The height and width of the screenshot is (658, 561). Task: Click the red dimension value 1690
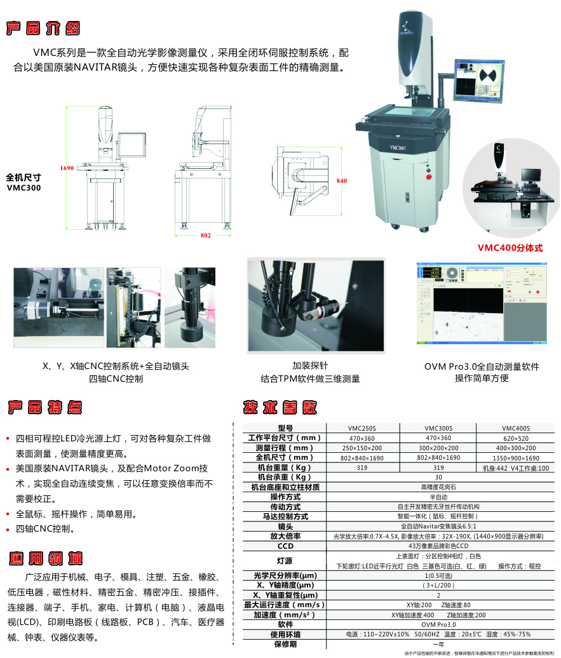point(67,168)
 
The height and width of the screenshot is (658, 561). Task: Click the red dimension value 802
point(205,236)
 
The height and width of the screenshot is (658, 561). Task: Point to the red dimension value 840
point(341,181)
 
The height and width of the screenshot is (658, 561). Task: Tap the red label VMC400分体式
point(510,248)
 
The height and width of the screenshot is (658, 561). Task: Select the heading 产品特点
point(44,407)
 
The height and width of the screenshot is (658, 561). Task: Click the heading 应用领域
point(45,558)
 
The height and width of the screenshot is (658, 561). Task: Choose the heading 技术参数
point(280,407)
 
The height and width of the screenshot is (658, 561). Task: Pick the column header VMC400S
point(515,428)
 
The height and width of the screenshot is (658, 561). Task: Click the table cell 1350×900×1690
point(515,458)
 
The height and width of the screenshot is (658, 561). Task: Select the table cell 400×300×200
point(515,448)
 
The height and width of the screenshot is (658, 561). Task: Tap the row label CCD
point(285,546)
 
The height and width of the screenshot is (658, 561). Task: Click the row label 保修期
point(285,644)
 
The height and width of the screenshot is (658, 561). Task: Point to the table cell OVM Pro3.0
point(438,625)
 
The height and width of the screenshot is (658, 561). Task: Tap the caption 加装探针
point(310,366)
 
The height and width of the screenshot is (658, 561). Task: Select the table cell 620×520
point(515,438)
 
